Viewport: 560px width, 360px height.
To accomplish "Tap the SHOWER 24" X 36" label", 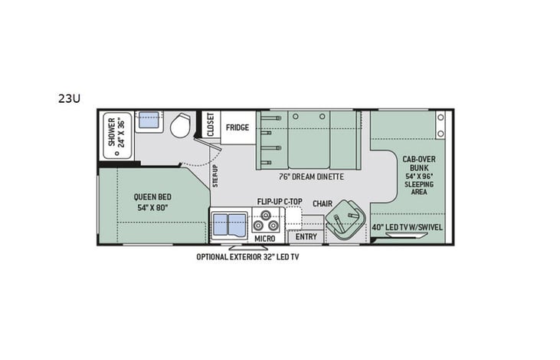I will tap(116, 132).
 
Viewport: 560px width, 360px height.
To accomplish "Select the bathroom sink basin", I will tap(149, 121).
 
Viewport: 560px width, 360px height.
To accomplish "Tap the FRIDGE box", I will tap(237, 127).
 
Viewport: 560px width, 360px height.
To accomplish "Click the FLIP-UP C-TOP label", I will tap(280, 202).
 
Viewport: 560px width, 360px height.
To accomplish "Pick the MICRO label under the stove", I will tap(265, 238).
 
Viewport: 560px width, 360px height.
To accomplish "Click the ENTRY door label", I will tap(306, 236).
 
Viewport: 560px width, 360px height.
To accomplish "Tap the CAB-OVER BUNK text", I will tap(420, 163).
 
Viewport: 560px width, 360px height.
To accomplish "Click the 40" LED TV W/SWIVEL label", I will tap(408, 227).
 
